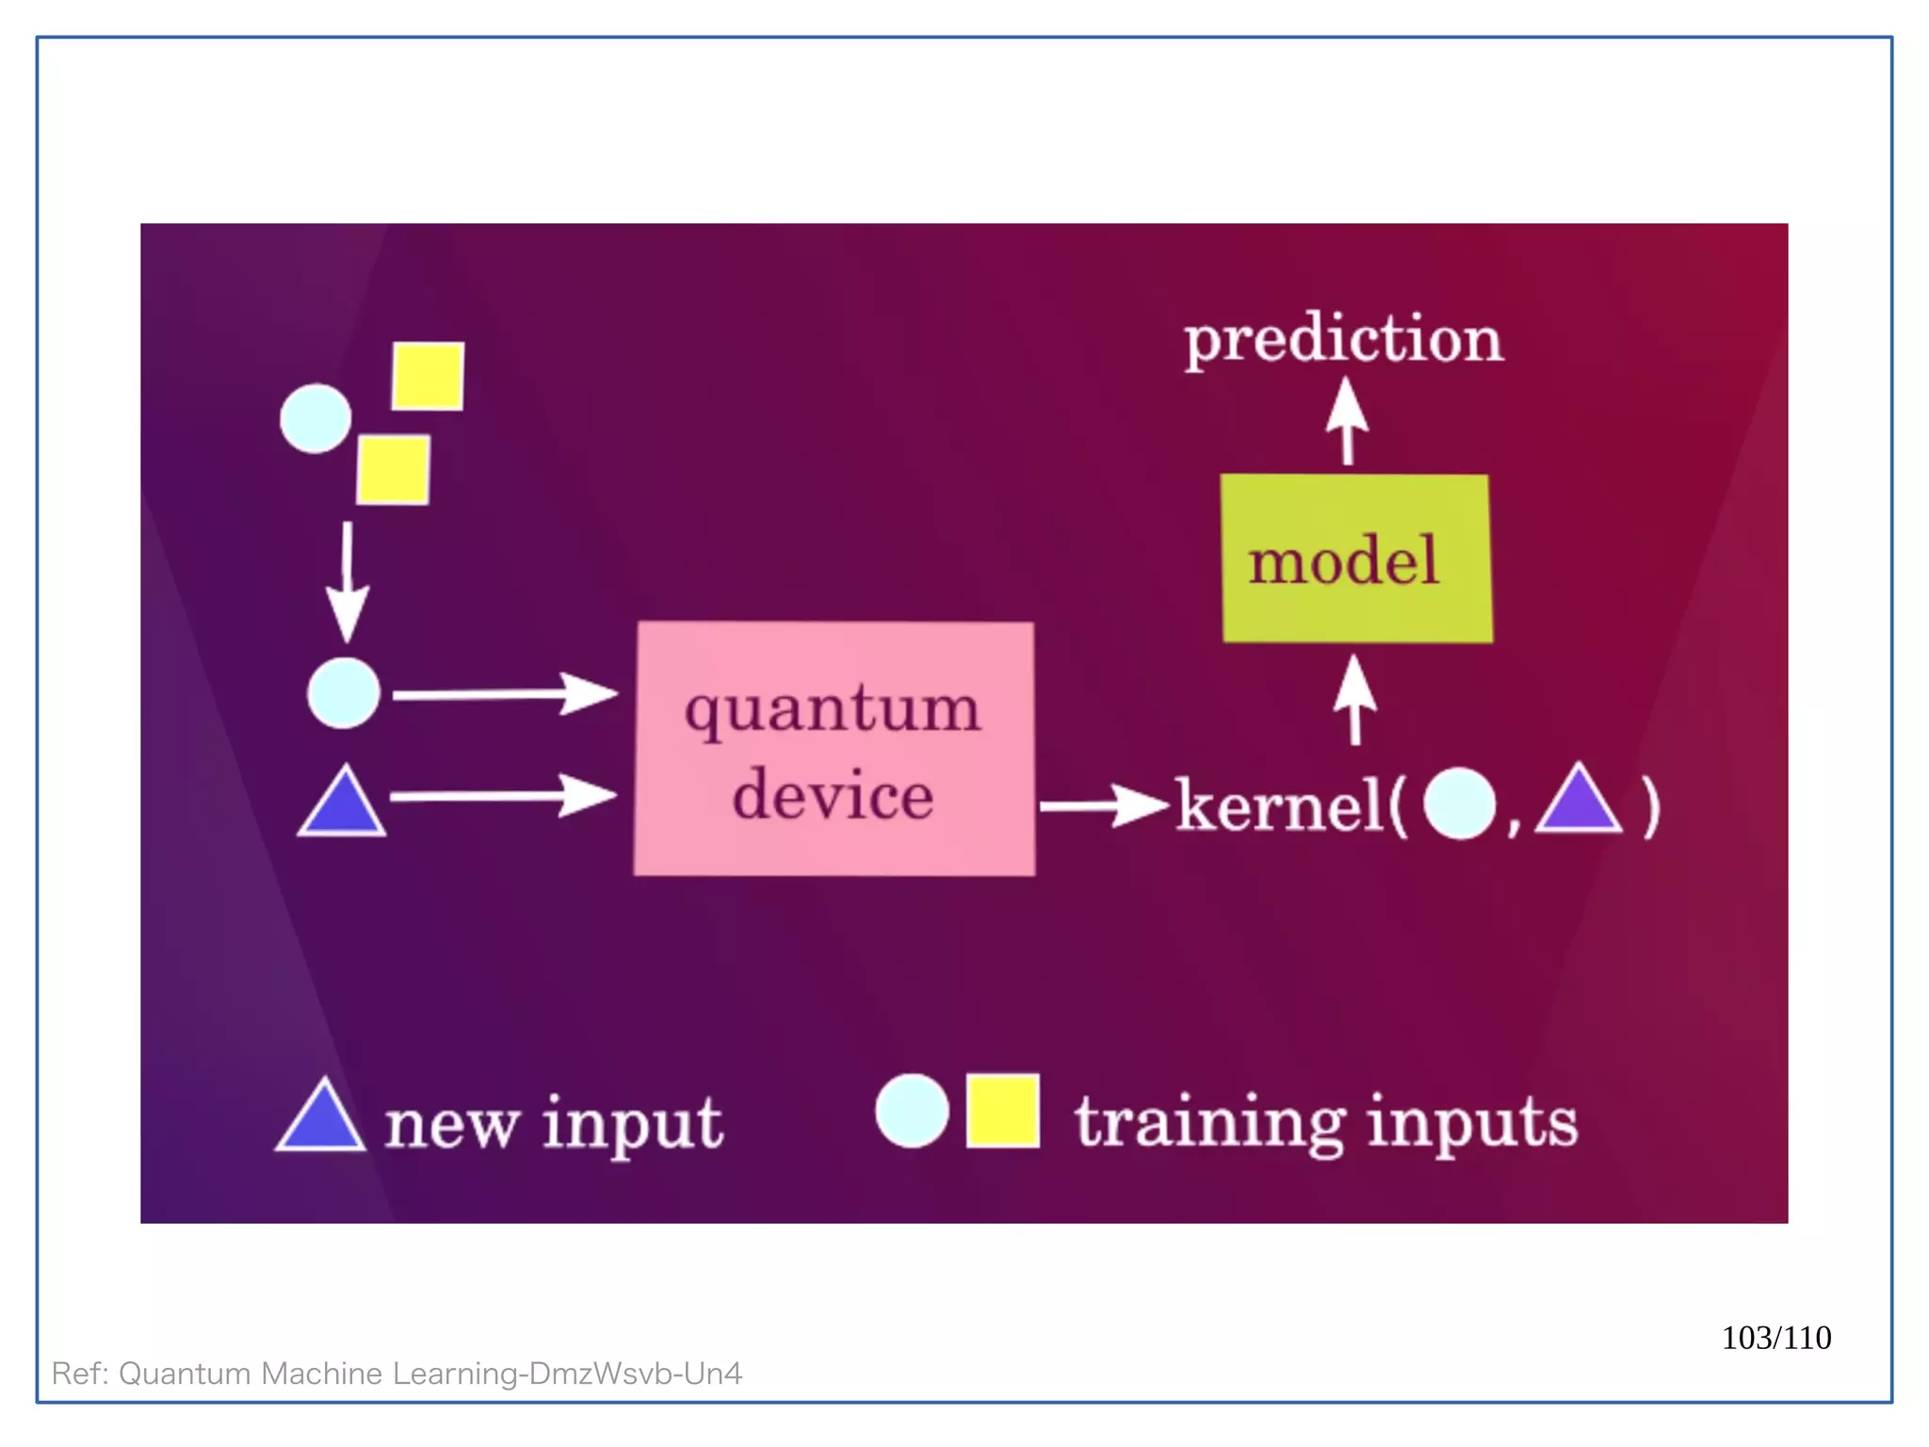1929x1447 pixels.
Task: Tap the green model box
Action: (1355, 559)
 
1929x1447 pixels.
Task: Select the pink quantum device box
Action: (835, 749)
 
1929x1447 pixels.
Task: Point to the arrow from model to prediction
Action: (1348, 420)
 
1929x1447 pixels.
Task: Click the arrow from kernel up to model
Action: (1354, 699)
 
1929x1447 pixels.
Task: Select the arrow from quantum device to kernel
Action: (1102, 805)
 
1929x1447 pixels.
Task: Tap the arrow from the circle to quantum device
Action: (504, 694)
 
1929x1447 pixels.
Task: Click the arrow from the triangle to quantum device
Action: (502, 796)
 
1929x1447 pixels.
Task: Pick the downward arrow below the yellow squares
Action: (348, 579)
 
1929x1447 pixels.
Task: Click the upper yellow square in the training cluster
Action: (428, 376)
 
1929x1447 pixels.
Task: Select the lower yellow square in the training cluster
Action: (394, 469)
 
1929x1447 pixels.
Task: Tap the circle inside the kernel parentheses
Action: (1459, 804)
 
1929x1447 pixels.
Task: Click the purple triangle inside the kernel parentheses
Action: (1579, 802)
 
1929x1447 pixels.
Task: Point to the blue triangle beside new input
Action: (321, 1117)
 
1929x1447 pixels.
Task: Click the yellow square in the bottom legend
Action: (1002, 1111)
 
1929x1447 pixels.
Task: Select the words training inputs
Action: (1326, 1121)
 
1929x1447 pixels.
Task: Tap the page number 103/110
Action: (1775, 1337)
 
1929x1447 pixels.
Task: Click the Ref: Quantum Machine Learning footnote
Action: (397, 1373)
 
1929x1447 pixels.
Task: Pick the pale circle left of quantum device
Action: (344, 693)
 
